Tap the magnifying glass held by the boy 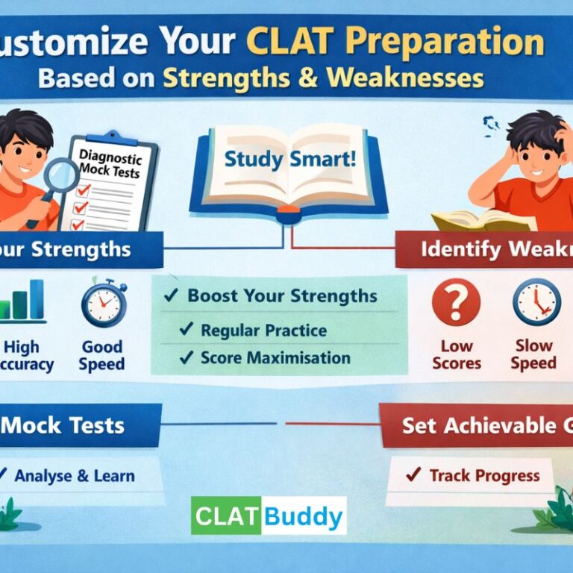[60, 178]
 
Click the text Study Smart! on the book [286, 160]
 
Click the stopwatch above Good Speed [103, 302]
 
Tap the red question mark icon [456, 302]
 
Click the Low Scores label [456, 354]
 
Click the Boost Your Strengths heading [272, 295]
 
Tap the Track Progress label [475, 475]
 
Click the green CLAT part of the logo [226, 516]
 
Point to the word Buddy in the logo [304, 516]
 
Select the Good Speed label [103, 355]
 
